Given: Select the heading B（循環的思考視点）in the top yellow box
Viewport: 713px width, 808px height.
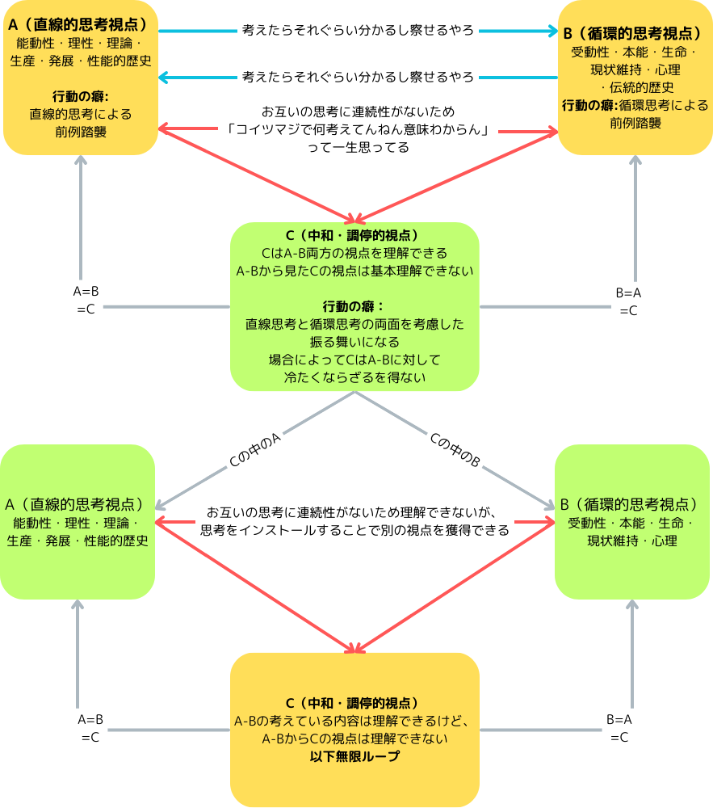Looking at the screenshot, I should tap(635, 34).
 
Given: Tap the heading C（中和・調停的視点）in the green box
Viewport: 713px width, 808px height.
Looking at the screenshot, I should tap(354, 237).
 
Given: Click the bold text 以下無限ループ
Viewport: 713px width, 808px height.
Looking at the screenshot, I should tap(354, 756).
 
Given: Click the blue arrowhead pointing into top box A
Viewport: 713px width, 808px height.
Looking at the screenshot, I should tap(163, 78).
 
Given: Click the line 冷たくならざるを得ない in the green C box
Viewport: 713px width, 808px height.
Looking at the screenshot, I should tap(354, 377).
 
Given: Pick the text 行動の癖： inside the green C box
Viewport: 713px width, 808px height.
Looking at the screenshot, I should tap(354, 306).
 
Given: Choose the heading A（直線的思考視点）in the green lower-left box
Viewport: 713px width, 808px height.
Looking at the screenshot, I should tap(78, 504).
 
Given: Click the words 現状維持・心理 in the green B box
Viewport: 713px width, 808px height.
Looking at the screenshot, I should tap(632, 541).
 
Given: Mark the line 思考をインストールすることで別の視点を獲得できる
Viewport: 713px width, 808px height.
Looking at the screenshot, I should tap(355, 531).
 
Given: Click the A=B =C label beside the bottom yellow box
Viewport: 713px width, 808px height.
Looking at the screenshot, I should tap(90, 727).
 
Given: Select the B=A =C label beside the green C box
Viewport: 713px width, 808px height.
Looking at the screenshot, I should tap(628, 301).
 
